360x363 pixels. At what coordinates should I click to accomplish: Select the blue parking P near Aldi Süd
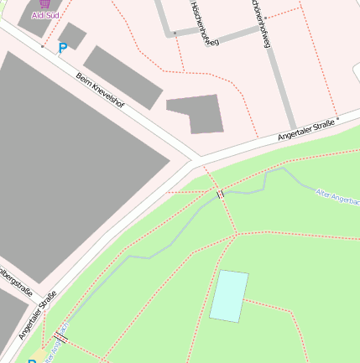pyautogui.click(x=62, y=49)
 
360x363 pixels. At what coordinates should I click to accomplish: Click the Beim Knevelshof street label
pyautogui.click(x=99, y=90)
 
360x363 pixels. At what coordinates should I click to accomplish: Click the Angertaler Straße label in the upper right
pyautogui.click(x=306, y=129)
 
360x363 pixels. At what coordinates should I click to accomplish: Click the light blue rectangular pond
pyautogui.click(x=229, y=295)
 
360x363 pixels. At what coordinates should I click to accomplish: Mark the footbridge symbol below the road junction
pyautogui.click(x=220, y=194)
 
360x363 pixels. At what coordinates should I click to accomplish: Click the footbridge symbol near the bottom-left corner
pyautogui.click(x=60, y=337)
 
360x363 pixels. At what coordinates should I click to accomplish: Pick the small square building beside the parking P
pyautogui.click(x=72, y=35)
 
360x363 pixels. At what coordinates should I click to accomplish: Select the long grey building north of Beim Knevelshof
pyautogui.click(x=123, y=77)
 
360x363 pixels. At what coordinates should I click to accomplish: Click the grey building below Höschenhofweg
pyautogui.click(x=196, y=113)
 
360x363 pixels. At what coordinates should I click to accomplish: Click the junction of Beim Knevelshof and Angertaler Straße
pyautogui.click(x=194, y=158)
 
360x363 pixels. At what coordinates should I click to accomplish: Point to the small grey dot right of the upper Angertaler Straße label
pyautogui.click(x=338, y=120)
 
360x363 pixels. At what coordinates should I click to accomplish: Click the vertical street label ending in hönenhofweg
pyautogui.click(x=261, y=23)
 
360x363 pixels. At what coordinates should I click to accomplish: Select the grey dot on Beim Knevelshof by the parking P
pyautogui.click(x=42, y=47)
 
